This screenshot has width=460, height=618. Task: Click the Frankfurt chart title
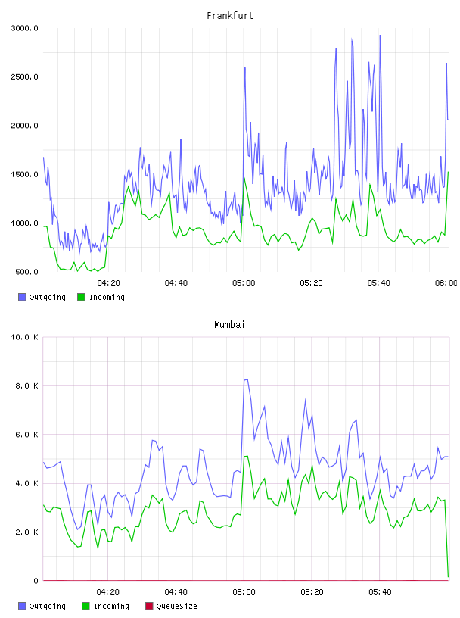pyautogui.click(x=230, y=15)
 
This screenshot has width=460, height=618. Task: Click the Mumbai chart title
pyautogui.click(x=229, y=324)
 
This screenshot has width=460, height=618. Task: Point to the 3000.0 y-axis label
pyautogui.click(x=24, y=28)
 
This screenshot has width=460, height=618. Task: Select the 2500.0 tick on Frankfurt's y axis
pyautogui.click(x=24, y=76)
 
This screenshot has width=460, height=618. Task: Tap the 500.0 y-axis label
pyautogui.click(x=26, y=272)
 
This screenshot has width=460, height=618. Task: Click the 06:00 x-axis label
pyautogui.click(x=446, y=283)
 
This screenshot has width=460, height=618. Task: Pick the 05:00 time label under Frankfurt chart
pyautogui.click(x=244, y=283)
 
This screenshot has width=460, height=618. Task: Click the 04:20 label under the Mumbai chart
pyautogui.click(x=108, y=592)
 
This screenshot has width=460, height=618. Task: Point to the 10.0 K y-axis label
pyautogui.click(x=24, y=337)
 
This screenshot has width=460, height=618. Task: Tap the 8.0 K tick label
pyautogui.click(x=26, y=385)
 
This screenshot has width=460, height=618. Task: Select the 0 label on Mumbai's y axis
pyautogui.click(x=36, y=581)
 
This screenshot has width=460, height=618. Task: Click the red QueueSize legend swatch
pyautogui.click(x=149, y=606)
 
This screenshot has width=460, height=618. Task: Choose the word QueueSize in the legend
pyautogui.click(x=176, y=606)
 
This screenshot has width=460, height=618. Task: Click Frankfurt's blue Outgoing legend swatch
pyautogui.click(x=22, y=297)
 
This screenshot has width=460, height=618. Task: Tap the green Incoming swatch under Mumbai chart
pyautogui.click(x=85, y=606)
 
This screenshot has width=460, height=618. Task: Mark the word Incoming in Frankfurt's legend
pyautogui.click(x=107, y=297)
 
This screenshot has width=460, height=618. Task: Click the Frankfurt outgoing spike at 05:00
pyautogui.click(x=245, y=68)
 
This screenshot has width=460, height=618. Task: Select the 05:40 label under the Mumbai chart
pyautogui.click(x=380, y=592)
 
